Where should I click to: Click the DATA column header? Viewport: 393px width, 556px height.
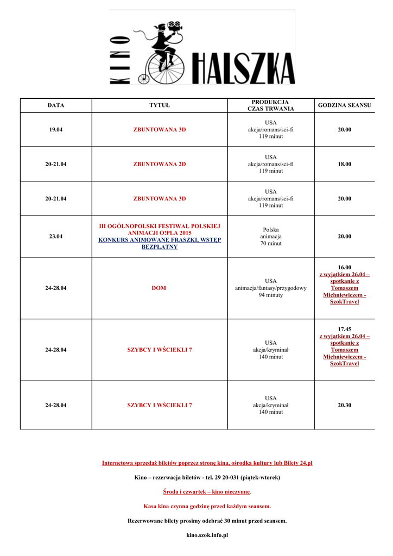(55, 105)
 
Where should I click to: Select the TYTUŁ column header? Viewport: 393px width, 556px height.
(160, 105)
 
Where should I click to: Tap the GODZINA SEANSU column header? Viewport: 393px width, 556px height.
(344, 105)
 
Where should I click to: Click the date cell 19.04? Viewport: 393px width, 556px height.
(55, 130)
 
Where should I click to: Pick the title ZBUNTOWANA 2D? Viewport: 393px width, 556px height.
(160, 164)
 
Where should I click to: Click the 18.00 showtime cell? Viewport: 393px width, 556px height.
(344, 164)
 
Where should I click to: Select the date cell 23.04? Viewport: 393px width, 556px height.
(55, 236)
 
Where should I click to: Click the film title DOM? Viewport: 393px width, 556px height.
(159, 288)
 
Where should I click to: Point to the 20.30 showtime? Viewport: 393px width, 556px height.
(344, 405)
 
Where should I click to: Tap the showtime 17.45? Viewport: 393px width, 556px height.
(344, 329)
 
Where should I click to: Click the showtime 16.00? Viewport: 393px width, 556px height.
(344, 267)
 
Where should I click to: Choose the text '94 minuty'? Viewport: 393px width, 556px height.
(270, 295)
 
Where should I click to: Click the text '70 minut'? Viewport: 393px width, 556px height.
(271, 243)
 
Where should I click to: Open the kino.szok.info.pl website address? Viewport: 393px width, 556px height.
(207, 535)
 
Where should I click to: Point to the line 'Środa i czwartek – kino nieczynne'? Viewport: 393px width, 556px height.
(206, 491)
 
